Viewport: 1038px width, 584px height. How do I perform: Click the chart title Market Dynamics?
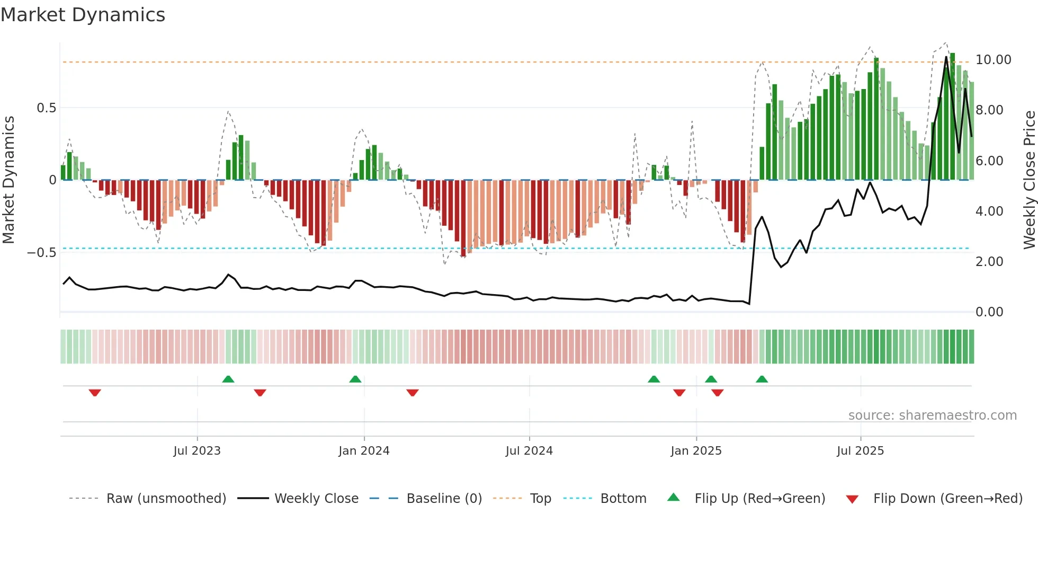click(83, 15)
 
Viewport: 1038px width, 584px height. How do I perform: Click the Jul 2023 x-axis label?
click(196, 451)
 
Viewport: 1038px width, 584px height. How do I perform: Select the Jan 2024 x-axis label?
click(364, 451)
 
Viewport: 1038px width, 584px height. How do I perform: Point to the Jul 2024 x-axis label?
click(529, 451)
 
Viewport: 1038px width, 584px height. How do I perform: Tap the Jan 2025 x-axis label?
click(695, 451)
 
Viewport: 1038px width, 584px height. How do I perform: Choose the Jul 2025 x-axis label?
click(860, 451)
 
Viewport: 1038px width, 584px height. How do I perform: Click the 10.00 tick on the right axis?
click(993, 60)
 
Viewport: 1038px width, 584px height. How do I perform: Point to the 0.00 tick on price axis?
click(989, 312)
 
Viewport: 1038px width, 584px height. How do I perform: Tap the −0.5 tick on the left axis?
click(41, 253)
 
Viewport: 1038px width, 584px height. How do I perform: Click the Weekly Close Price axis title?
click(1029, 180)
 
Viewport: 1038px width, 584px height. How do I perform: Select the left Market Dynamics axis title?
click(8, 180)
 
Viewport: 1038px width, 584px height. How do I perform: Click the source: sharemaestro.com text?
click(932, 415)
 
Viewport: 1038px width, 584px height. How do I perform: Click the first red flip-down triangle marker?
click(95, 392)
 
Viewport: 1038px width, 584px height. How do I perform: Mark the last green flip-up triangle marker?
click(762, 379)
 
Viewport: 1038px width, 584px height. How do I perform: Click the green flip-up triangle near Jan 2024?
click(355, 379)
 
